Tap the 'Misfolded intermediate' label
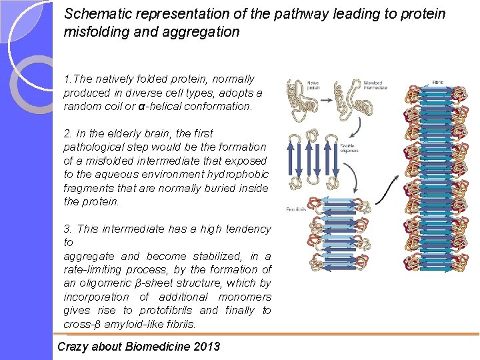tap(374, 85)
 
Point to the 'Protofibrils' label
tap(296, 208)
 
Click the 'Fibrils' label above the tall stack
tap(438, 82)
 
